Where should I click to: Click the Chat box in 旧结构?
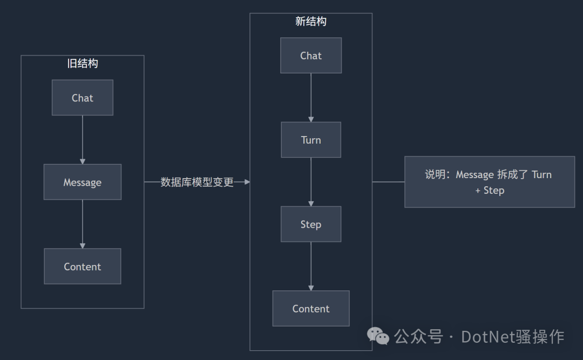point(83,98)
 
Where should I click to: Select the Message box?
point(83,182)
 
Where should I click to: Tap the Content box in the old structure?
point(83,267)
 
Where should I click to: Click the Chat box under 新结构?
point(311,56)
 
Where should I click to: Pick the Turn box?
point(311,140)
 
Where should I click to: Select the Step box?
point(311,224)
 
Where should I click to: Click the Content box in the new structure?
point(311,309)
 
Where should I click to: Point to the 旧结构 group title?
point(83,63)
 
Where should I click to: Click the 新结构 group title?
point(311,22)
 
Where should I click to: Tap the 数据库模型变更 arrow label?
point(197,182)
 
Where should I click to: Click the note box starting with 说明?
point(490,182)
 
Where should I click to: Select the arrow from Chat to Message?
point(83,139)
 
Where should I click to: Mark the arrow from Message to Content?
point(83,224)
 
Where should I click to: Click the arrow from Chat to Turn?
point(311,97)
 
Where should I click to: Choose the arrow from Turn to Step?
point(311,182)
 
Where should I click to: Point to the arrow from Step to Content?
point(311,266)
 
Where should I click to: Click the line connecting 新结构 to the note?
point(388,182)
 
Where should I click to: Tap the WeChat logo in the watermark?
point(378,336)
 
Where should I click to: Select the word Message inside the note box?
point(474,175)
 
